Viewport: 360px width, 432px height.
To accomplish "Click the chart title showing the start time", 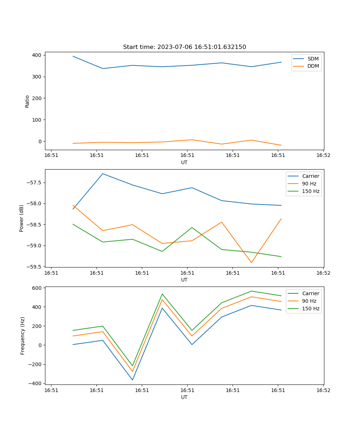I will click(x=184, y=47).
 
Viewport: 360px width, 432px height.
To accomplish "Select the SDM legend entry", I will click(x=313, y=59).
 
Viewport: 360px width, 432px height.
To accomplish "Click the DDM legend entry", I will click(x=313, y=66).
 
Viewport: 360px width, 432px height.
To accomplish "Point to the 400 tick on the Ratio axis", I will click(x=37, y=55).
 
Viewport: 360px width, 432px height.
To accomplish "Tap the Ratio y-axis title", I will click(x=27, y=101).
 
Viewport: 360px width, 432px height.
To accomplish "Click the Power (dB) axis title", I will click(x=22, y=218).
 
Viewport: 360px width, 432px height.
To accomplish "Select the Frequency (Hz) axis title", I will click(x=23, y=336).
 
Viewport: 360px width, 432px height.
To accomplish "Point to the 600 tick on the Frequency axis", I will click(x=37, y=288).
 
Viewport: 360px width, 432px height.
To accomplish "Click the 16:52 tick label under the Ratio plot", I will click(x=323, y=156).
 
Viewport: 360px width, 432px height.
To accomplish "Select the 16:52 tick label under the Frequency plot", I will click(x=323, y=390).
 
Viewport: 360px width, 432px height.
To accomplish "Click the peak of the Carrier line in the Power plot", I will click(x=103, y=174).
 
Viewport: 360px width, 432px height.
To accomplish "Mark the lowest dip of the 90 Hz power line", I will click(x=251, y=262).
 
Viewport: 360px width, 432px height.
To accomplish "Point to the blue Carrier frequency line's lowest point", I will click(x=132, y=380).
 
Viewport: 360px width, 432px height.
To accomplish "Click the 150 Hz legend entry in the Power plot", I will click(x=311, y=191).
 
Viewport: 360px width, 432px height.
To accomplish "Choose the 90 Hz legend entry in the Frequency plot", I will click(x=309, y=301).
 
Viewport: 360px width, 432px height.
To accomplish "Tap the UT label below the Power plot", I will click(x=184, y=280).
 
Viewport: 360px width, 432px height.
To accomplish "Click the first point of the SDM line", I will click(x=73, y=56).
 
